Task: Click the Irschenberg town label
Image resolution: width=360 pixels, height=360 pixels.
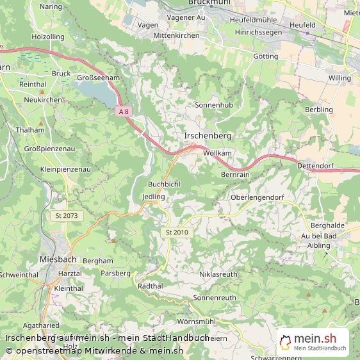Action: coord(208,136)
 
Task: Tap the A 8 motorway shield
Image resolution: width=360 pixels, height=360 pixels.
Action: coord(123,111)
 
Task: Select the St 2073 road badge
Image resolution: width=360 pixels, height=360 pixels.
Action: coord(67,216)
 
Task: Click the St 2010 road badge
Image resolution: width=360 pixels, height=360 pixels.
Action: coord(176,232)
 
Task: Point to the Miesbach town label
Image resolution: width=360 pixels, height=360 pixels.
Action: coord(58,259)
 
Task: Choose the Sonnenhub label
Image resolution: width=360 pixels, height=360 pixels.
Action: coord(213,104)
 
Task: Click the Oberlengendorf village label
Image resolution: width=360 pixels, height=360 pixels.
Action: coord(256,197)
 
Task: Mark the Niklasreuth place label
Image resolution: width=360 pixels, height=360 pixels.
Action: coord(218,274)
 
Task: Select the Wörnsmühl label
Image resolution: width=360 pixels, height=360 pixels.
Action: coord(197,321)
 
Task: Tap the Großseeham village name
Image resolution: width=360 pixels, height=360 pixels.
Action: coord(99,78)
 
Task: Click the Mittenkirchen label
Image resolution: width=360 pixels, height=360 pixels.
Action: coord(177,36)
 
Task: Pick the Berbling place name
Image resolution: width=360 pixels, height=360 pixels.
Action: coord(319,110)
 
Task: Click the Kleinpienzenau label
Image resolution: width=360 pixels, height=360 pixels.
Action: coord(65,169)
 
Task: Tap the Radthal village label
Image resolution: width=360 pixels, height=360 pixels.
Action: coord(151,286)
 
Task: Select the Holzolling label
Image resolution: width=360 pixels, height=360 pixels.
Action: coord(48,37)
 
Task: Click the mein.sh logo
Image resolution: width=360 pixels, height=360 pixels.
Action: coord(313,341)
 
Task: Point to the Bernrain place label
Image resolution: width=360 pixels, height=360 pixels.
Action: coord(235,174)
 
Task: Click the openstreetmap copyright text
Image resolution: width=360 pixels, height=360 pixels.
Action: coord(95,350)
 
